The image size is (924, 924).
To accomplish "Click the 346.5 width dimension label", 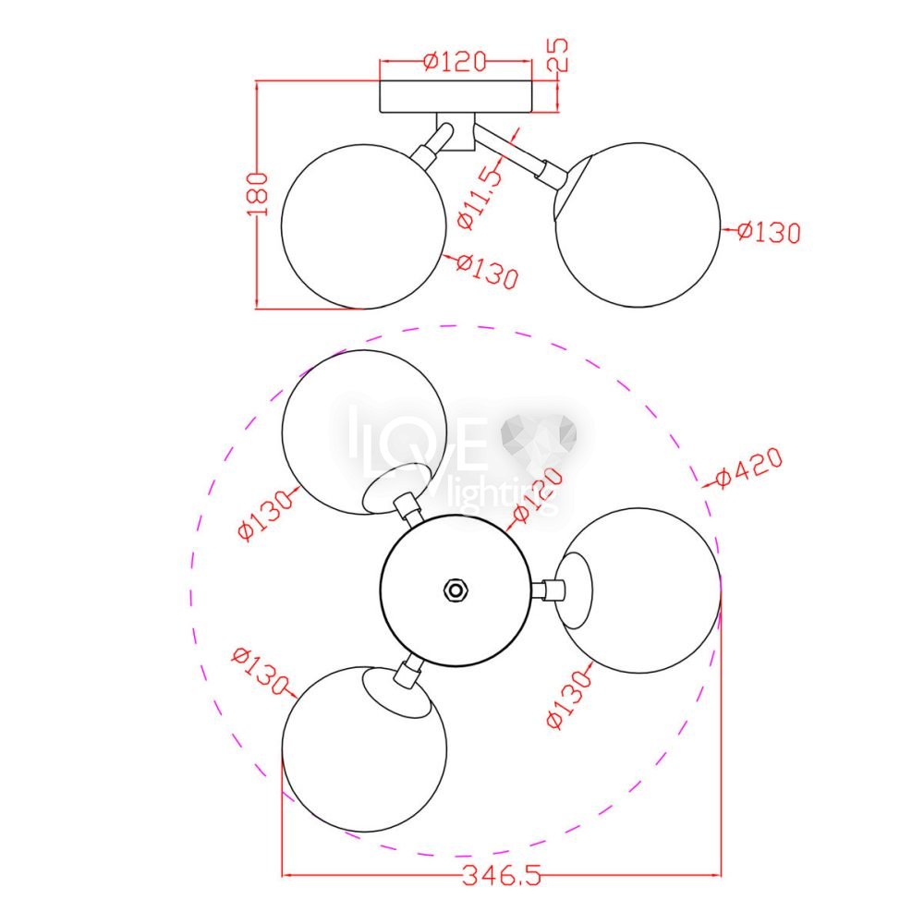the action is coord(501,876).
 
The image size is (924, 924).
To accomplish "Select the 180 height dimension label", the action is coord(257,194).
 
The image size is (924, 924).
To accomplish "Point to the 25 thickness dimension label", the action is coord(558,55).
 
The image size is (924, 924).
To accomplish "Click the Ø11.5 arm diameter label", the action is coord(481,196).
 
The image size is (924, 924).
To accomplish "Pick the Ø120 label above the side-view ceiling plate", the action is coord(456,61).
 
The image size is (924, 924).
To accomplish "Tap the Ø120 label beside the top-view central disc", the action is coord(539,496).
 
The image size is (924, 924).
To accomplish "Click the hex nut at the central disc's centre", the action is coord(455,590).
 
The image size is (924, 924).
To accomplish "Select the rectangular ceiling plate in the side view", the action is coord(456,97).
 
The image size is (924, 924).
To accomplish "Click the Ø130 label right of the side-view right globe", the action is coord(769,232).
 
